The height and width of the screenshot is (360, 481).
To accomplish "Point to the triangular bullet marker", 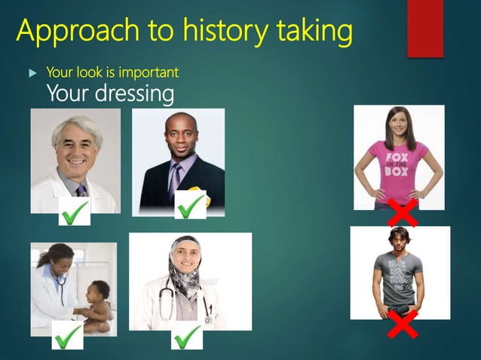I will click(x=32, y=74).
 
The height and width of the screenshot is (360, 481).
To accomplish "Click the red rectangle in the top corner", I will click(x=425, y=29).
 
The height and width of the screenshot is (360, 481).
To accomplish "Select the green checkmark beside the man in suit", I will click(x=190, y=204).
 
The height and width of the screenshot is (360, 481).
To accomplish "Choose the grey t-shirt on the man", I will click(x=398, y=279).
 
